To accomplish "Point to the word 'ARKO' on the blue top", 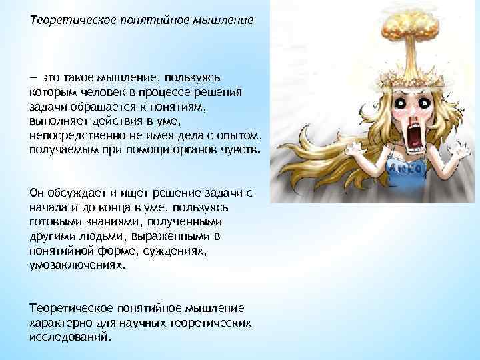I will (x=403, y=168).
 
